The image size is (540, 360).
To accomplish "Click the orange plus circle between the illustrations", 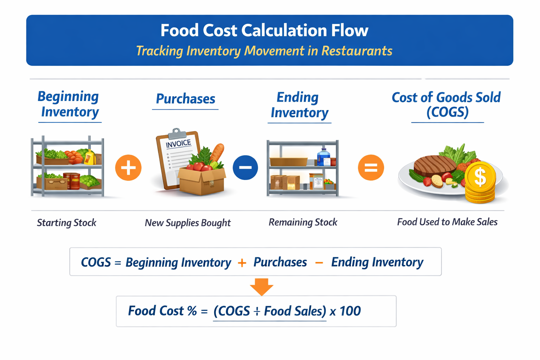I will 128,168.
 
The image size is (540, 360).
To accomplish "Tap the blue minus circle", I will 245,168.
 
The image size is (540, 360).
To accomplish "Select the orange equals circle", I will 371,168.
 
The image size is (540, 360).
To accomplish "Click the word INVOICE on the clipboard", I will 178,144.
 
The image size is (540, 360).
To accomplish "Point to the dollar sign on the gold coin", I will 480,177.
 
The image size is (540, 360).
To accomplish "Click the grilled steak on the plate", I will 435,166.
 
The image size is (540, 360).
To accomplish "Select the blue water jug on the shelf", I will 323,157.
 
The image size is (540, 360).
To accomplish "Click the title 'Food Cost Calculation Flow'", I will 264,31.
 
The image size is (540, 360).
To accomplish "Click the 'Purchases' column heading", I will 185,99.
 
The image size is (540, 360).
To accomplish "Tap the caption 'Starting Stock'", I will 66,223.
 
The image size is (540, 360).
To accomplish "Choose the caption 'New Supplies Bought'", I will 188,223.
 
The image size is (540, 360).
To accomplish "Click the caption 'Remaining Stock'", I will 303,222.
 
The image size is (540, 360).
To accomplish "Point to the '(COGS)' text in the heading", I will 447,112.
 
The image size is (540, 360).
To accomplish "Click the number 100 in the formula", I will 350,311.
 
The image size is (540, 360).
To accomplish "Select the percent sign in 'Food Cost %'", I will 192,311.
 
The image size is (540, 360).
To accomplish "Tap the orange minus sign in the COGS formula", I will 319,263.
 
